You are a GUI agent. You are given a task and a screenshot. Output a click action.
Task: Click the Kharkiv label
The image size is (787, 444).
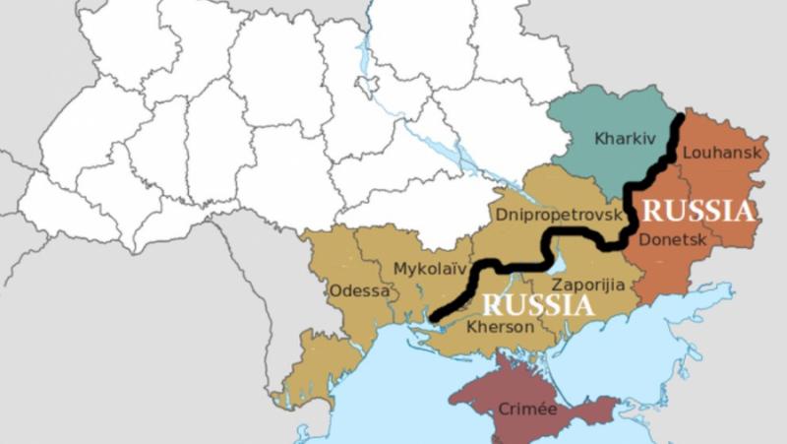tap(624, 139)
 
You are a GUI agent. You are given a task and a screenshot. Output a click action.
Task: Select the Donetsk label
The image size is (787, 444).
tap(671, 239)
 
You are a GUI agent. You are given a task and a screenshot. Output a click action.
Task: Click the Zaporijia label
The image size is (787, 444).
tap(587, 285)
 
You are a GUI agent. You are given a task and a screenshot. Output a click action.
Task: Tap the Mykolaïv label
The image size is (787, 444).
tap(429, 268)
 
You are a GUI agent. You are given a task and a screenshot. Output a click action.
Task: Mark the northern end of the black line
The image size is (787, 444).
tap(680, 119)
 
